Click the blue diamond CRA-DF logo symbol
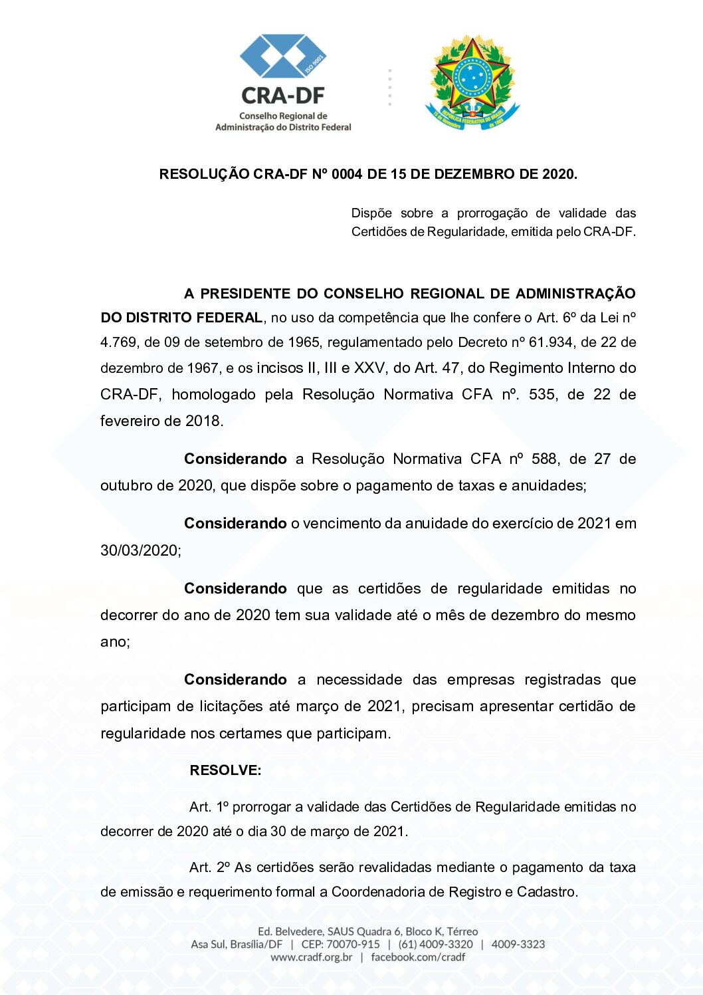click(282, 57)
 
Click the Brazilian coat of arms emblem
click(472, 83)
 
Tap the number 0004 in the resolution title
click(347, 174)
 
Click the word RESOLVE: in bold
click(225, 770)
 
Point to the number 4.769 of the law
click(120, 342)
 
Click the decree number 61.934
click(550, 342)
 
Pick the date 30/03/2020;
click(140, 550)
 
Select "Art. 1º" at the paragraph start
click(209, 807)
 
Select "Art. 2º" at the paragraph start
click(209, 867)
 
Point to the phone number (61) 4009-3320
click(435, 944)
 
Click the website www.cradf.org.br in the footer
click(311, 957)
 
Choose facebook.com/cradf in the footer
click(418, 957)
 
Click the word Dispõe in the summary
click(371, 213)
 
